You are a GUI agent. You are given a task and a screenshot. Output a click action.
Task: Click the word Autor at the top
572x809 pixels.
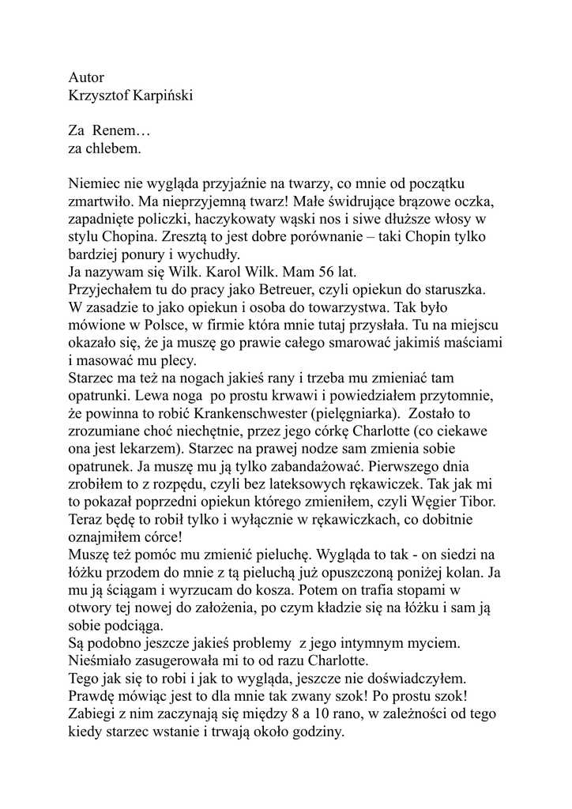[86, 78]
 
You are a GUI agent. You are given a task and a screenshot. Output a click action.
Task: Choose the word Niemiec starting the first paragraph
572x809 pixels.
[96, 182]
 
